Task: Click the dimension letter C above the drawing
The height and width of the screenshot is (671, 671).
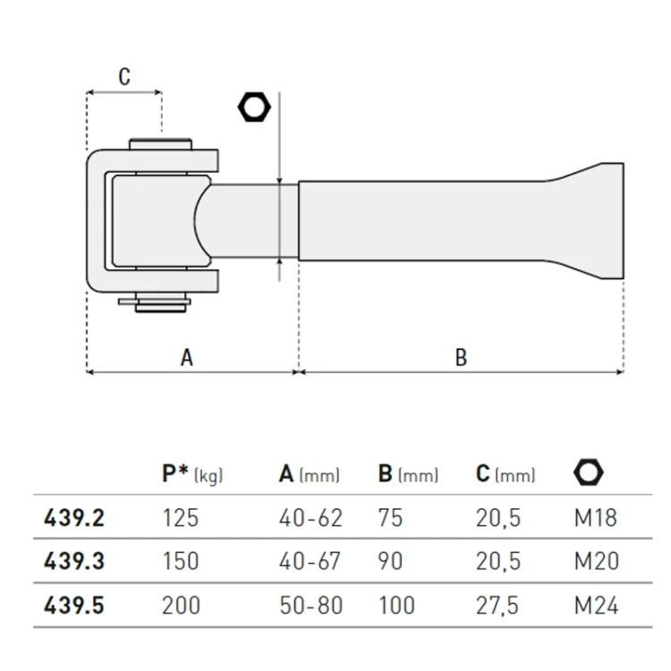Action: pos(124,77)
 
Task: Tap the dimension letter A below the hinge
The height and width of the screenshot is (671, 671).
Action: pos(187,357)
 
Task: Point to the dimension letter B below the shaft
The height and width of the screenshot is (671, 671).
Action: pos(461,357)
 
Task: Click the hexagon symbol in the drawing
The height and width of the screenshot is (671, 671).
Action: pos(254,106)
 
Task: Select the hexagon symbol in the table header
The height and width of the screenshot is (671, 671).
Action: pos(589,472)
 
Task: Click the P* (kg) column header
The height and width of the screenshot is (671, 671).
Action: pos(192,474)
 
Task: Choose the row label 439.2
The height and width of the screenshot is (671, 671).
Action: pos(74,518)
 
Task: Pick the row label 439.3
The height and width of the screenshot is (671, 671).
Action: pos(74,561)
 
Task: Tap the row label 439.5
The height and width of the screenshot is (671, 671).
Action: pos(74,606)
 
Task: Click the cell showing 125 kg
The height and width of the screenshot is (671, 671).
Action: pos(180,518)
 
